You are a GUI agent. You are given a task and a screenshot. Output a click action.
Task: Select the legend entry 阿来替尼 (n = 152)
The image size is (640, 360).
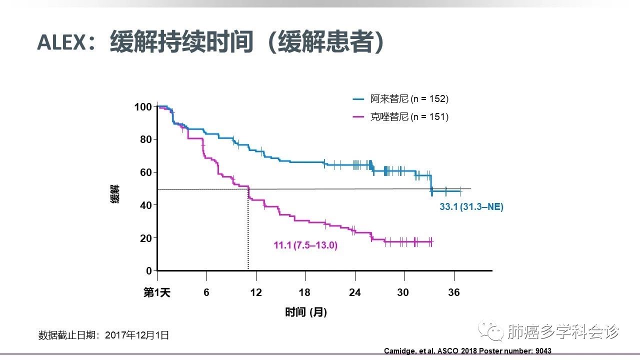click(x=409, y=99)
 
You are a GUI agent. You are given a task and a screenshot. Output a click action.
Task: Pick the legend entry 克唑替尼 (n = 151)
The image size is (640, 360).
click(x=409, y=117)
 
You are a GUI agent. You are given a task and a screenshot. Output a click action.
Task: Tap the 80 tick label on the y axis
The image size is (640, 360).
click(x=145, y=139)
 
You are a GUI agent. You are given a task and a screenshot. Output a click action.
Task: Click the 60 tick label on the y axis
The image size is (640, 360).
click(x=145, y=172)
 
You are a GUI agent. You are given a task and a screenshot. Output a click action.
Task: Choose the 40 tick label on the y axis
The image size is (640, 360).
click(x=145, y=205)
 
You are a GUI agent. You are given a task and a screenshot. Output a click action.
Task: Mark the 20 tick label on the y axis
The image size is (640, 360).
click(x=145, y=238)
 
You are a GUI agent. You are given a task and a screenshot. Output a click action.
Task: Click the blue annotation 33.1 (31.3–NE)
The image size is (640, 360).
click(x=471, y=207)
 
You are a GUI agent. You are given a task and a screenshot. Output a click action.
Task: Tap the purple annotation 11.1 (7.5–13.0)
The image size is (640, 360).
click(x=305, y=245)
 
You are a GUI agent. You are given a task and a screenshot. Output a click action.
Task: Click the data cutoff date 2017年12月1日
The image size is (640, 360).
click(x=137, y=335)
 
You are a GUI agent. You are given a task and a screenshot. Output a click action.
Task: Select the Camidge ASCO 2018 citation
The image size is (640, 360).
click(x=467, y=351)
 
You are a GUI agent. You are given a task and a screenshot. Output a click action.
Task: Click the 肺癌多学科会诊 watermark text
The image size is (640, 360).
click(x=563, y=331)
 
